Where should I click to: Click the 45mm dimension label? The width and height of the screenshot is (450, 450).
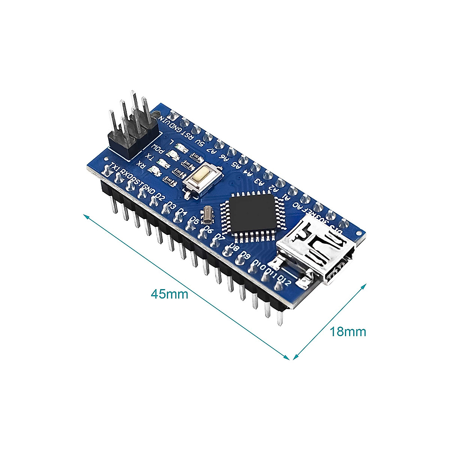pyautogui.click(x=169, y=294)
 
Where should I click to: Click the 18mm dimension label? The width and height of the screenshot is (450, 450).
pyautogui.click(x=348, y=331)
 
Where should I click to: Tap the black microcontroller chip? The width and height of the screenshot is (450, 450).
pyautogui.click(x=253, y=213)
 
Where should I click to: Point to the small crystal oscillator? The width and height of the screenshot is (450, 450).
pyautogui.click(x=207, y=214)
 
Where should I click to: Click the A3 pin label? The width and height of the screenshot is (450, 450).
pyautogui.click(x=258, y=180)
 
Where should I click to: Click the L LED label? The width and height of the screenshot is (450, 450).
pyautogui.click(x=171, y=142)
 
